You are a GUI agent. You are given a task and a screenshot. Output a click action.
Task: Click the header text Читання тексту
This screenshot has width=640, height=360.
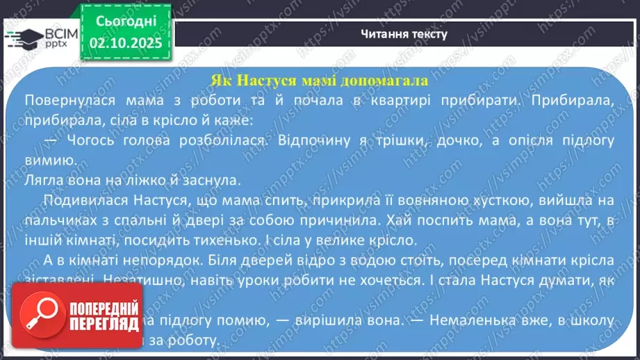[x=404, y=33]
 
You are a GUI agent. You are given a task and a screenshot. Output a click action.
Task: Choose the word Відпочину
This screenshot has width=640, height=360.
[x=306, y=140]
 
